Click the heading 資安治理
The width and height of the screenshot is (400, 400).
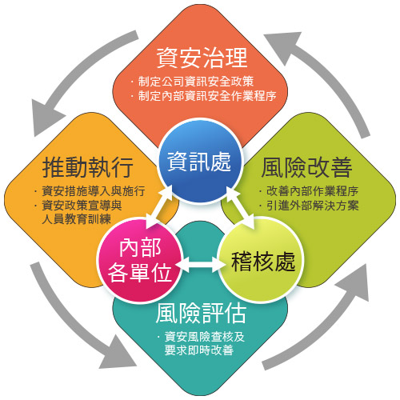202,58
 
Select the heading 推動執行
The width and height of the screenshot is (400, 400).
88,167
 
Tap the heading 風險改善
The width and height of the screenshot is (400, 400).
306,167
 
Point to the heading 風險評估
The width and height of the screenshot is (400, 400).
201,313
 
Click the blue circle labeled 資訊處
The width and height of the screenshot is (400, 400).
200,161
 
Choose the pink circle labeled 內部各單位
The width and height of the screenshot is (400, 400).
140,260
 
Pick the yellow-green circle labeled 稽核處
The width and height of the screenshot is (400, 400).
262,260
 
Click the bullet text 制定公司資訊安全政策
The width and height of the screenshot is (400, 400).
195,82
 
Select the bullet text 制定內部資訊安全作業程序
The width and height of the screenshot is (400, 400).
207,96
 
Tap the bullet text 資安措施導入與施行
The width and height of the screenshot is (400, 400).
94,191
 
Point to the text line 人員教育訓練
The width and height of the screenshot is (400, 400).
76,219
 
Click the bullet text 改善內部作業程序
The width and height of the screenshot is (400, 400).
312,191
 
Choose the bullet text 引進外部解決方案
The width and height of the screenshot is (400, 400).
312,206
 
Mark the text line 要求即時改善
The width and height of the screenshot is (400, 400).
199,350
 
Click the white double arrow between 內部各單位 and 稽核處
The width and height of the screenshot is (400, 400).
201,264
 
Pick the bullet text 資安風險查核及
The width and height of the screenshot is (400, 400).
205,337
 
